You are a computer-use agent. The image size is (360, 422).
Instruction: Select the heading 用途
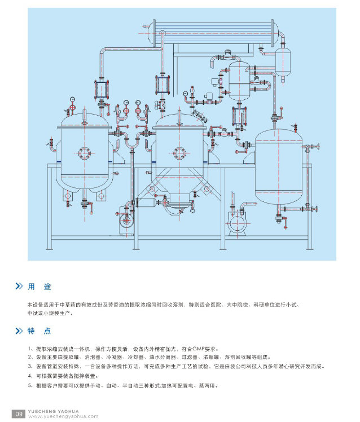39,287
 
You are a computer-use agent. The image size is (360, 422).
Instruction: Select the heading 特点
39,331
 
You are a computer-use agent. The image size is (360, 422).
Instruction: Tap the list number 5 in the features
29,386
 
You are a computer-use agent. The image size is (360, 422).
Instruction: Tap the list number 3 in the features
29,367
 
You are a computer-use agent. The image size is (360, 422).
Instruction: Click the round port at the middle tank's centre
179,150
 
